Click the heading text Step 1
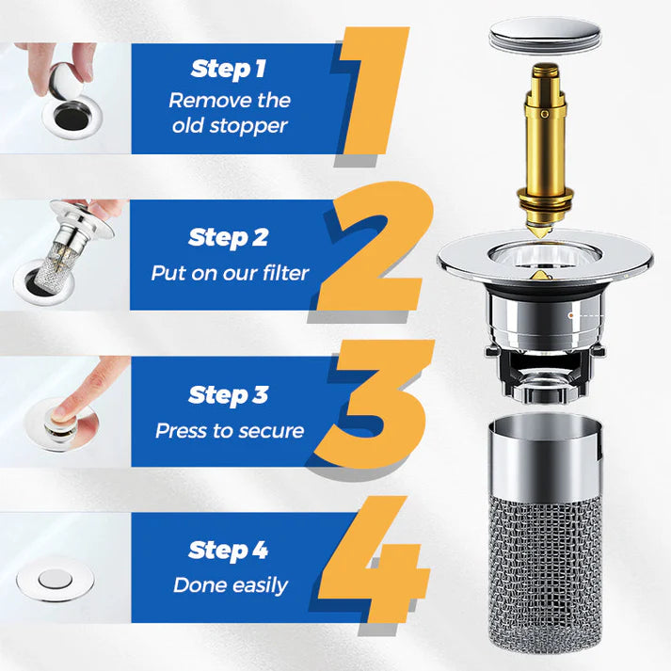point(229,69)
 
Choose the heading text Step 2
point(229,238)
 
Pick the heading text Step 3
point(229,395)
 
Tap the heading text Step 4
point(229,550)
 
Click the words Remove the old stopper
point(230,112)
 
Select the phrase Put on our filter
point(230,274)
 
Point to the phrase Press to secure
point(230,431)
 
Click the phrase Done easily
point(230,585)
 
